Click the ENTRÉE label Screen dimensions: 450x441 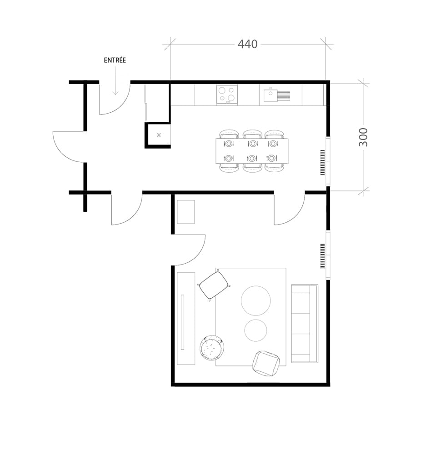pos(115,60)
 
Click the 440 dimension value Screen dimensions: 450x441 pos(248,44)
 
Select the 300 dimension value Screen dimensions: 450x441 pos(363,137)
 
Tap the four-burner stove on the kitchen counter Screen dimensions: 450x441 pos(227,95)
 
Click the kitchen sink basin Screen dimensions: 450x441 pos(271,95)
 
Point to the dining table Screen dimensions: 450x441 pos(251,151)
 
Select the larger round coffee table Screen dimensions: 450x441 pos(256,300)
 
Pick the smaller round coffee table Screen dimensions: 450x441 pos(256,330)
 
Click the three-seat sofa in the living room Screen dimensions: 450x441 pos(305,324)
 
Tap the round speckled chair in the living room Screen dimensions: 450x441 pos(212,349)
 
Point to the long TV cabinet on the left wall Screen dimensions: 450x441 pos(185,318)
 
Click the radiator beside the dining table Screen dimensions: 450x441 pos(323,163)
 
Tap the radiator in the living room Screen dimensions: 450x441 pos(323,256)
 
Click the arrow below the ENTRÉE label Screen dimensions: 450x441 pos(115,82)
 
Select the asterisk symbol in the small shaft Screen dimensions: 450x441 pos(159,135)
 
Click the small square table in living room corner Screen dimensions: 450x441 pos(185,212)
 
